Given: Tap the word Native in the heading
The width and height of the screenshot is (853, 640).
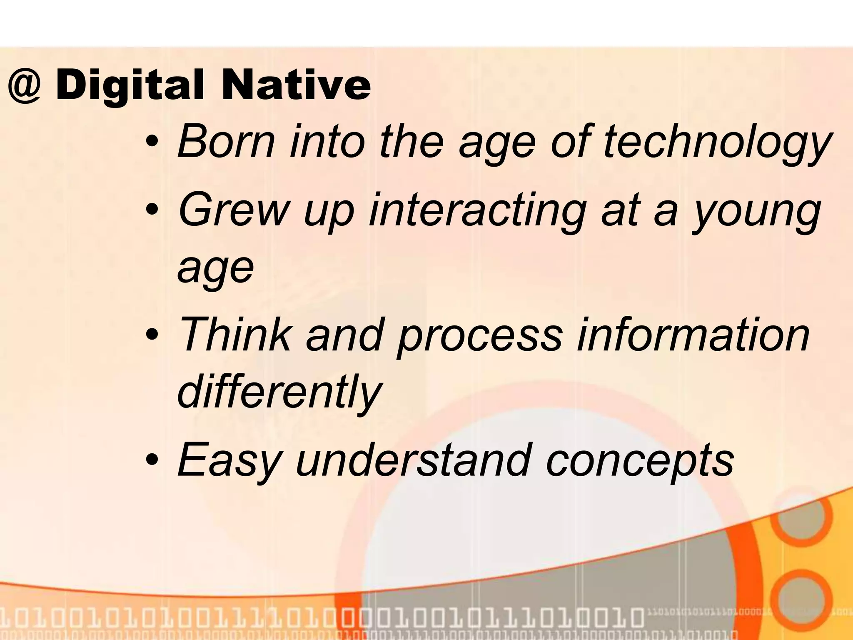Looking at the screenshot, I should tap(296, 86).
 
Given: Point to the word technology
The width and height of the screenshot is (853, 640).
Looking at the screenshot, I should tap(717, 144).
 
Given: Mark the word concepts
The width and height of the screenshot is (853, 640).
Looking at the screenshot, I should tap(640, 460).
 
